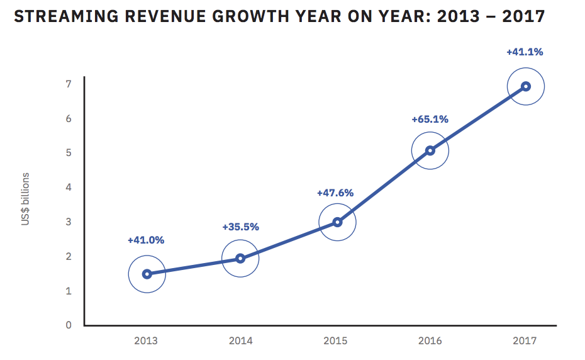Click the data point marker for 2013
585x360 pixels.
pos(147,274)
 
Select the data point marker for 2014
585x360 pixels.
pos(240,258)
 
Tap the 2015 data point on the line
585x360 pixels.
pos(337,222)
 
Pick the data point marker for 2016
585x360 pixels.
pos(430,150)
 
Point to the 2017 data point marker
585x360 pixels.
pos(525,86)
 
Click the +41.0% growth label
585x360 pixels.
pos(145,240)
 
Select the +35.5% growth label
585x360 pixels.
pos(240,227)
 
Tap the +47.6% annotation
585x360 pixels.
pos(335,193)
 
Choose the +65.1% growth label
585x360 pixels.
pos(430,119)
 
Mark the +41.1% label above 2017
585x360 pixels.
pos(525,52)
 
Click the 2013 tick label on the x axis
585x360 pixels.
pos(146,340)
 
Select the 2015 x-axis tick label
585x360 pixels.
pos(335,340)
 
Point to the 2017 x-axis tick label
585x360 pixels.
pos(525,340)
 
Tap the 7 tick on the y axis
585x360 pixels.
pos(69,84)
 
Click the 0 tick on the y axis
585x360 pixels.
pos(69,325)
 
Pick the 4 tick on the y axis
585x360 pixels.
pos(69,188)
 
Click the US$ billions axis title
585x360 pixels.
pos(26,199)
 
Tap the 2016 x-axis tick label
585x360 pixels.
pos(430,340)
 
